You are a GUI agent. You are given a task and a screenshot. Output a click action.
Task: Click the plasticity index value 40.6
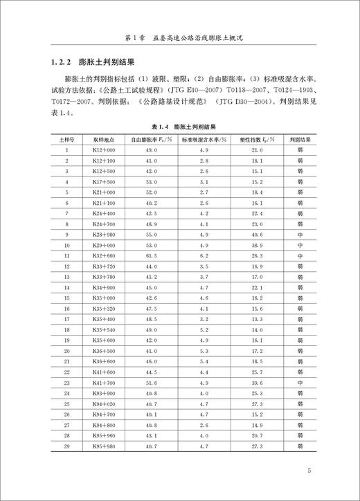click(258, 235)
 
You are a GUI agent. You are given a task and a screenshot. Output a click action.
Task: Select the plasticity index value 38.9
click(258, 246)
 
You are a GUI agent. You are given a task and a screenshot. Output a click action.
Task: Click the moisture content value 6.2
click(205, 256)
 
